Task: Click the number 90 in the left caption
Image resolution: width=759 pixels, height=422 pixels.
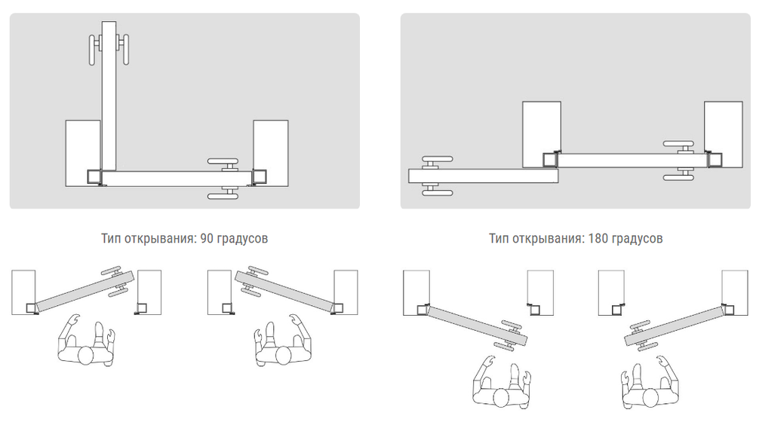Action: click(206, 238)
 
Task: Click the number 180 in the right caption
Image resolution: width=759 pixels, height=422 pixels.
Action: click(598, 238)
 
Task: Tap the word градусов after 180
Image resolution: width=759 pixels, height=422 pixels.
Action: click(637, 239)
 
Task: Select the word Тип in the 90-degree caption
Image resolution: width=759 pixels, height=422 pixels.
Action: click(111, 238)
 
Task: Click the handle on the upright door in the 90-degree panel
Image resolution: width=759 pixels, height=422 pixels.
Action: click(109, 49)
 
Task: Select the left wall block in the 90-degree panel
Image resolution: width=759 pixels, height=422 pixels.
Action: click(83, 153)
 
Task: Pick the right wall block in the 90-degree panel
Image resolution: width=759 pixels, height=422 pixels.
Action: click(271, 153)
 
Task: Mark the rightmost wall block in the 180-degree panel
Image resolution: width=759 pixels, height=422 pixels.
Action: click(724, 134)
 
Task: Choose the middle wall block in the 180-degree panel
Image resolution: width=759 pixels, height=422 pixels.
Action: click(542, 134)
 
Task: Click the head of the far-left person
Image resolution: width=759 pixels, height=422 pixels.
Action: click(86, 356)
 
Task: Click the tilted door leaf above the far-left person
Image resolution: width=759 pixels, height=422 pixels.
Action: click(85, 291)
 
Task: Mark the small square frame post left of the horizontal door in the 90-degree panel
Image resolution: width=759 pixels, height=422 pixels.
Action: click(94, 176)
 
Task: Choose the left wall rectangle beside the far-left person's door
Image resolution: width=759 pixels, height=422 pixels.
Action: click(23, 292)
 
